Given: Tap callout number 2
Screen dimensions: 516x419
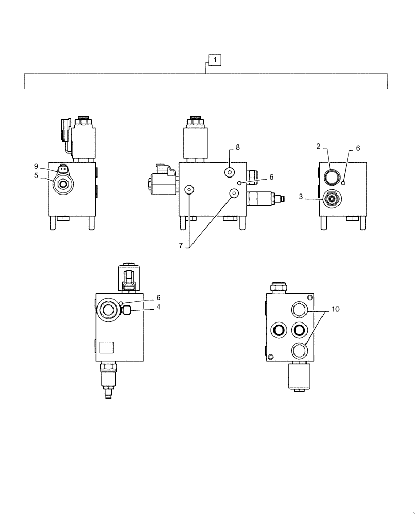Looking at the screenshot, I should (319, 147).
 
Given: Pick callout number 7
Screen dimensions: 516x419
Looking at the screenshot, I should (181, 246).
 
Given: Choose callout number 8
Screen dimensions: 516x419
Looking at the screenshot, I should (237, 148).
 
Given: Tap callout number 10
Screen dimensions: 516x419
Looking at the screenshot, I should (336, 309).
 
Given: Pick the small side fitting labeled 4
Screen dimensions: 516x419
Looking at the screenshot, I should (125, 310).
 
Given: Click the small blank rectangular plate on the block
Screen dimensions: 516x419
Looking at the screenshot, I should (107, 347).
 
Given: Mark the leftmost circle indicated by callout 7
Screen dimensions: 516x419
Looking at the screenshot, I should (189, 190).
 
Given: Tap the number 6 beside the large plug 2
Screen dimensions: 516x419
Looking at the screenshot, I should (358, 148).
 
